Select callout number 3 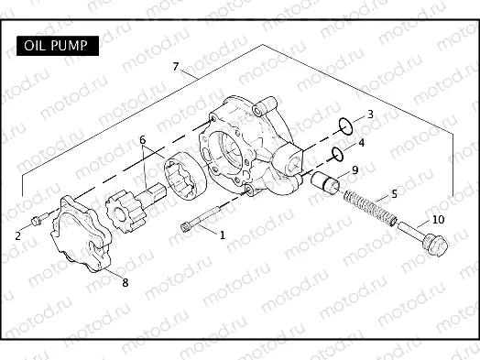[361, 143]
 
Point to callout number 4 [394, 194]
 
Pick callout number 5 [143, 141]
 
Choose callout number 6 [175, 67]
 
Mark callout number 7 [125, 282]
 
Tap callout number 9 [438, 219]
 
